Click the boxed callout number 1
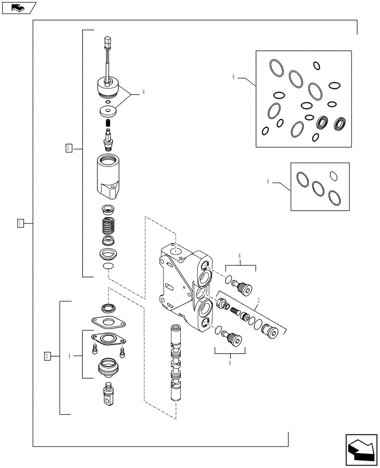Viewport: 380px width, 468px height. pyautogui.click(x=20, y=223)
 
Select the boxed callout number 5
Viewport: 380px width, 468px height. pyautogui.click(x=69, y=148)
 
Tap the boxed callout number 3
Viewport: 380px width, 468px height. pyautogui.click(x=47, y=356)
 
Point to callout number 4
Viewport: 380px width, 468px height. pyautogui.click(x=69, y=356)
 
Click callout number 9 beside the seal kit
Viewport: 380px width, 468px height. pyautogui.click(x=234, y=77)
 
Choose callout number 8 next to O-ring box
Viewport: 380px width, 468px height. pyautogui.click(x=268, y=182)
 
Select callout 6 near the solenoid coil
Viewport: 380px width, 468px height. pyautogui.click(x=143, y=92)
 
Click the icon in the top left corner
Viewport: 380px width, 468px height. pyautogui.click(x=18, y=7)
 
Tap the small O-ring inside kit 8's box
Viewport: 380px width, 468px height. pyautogui.click(x=333, y=175)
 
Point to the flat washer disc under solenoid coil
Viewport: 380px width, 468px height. pyautogui.click(x=109, y=111)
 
